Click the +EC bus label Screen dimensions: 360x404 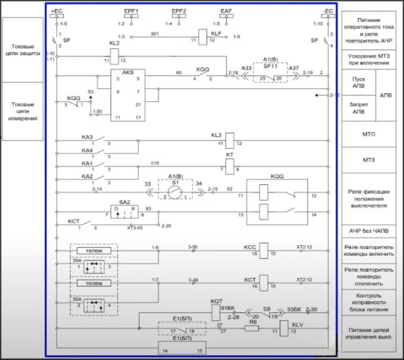(56, 11)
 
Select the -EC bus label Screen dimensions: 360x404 (328, 11)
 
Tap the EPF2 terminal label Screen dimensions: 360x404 (179, 11)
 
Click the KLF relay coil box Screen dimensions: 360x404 (203, 37)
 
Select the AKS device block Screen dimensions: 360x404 (128, 95)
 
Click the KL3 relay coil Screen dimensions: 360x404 (230, 140)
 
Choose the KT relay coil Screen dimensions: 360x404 (230, 165)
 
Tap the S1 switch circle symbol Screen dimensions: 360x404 (175, 192)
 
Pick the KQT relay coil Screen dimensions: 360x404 (216, 312)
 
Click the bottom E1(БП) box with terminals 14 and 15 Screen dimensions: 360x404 (182, 348)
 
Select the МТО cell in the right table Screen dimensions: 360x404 (368, 135)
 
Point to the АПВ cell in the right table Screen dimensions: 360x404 (386, 95)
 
